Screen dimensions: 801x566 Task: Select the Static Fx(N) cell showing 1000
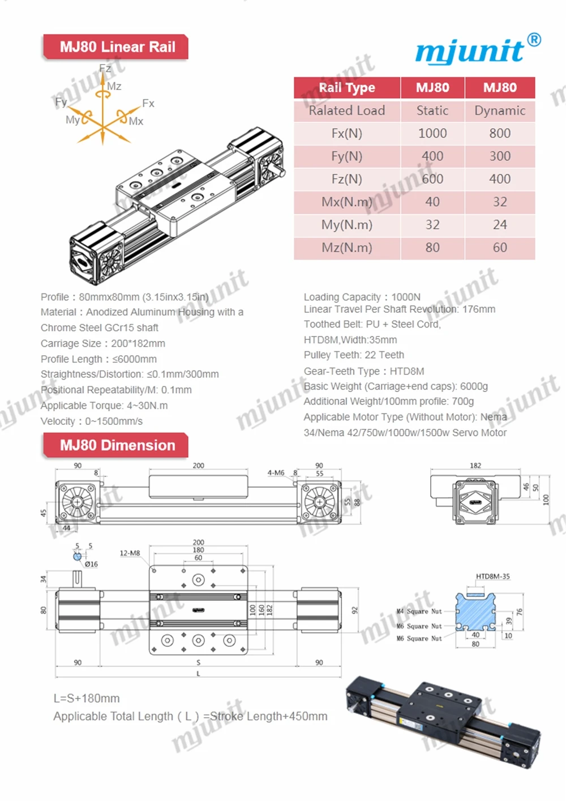432,133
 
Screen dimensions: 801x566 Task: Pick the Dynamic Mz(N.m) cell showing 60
499,248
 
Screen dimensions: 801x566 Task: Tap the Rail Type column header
346,88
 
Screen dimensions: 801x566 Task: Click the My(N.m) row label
346,225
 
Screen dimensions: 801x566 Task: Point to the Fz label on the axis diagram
105,69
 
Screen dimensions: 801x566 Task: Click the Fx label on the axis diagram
148,103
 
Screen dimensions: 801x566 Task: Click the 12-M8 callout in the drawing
130,553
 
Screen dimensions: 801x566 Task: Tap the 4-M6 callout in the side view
276,472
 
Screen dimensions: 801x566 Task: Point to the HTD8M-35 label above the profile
492,576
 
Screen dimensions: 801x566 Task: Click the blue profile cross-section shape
475,612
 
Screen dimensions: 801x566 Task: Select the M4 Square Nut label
419,611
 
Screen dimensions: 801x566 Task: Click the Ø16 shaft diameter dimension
91,564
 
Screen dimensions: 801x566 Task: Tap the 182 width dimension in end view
475,466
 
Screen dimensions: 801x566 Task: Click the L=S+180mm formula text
87,698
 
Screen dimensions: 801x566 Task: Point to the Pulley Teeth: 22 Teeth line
354,355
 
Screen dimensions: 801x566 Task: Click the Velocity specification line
92,421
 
